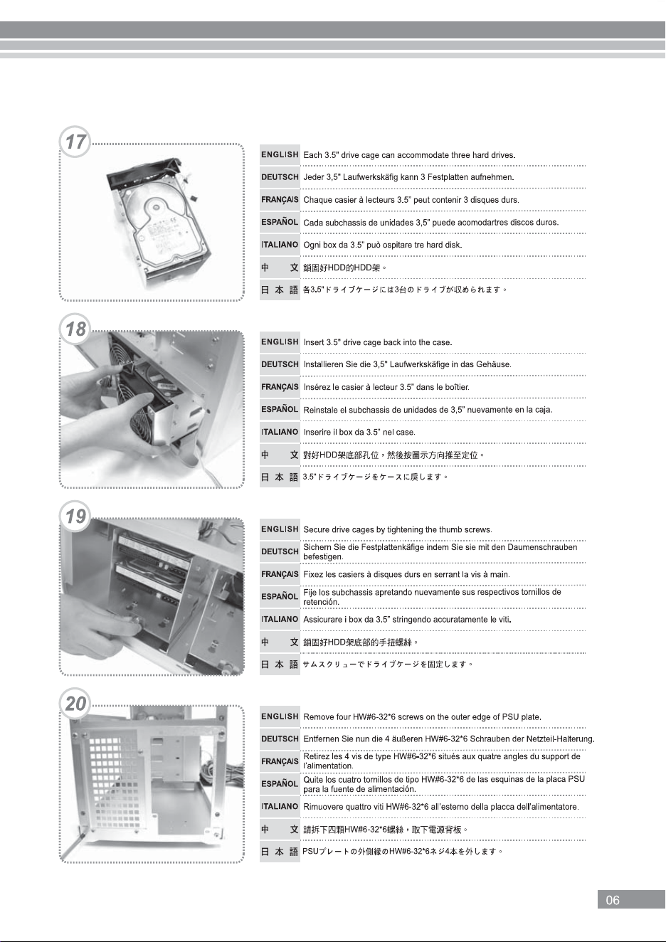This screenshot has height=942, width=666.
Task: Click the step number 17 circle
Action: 75,142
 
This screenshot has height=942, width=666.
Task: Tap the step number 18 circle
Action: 75,329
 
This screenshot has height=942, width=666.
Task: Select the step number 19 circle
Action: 75,516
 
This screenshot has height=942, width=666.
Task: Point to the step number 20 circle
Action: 75,703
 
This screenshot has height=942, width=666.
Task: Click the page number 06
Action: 613,900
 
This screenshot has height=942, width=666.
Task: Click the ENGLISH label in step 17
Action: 280,155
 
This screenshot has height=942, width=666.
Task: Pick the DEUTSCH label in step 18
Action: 280,364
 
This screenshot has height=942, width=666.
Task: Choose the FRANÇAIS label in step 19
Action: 280,574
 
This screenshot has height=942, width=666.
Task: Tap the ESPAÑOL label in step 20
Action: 280,783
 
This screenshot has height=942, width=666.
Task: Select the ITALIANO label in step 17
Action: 280,244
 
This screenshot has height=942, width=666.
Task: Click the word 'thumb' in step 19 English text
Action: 450,529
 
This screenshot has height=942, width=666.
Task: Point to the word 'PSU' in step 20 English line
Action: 510,716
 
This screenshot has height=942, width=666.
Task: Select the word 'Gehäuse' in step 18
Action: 495,364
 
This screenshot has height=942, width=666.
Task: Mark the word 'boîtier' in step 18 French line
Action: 457,387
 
